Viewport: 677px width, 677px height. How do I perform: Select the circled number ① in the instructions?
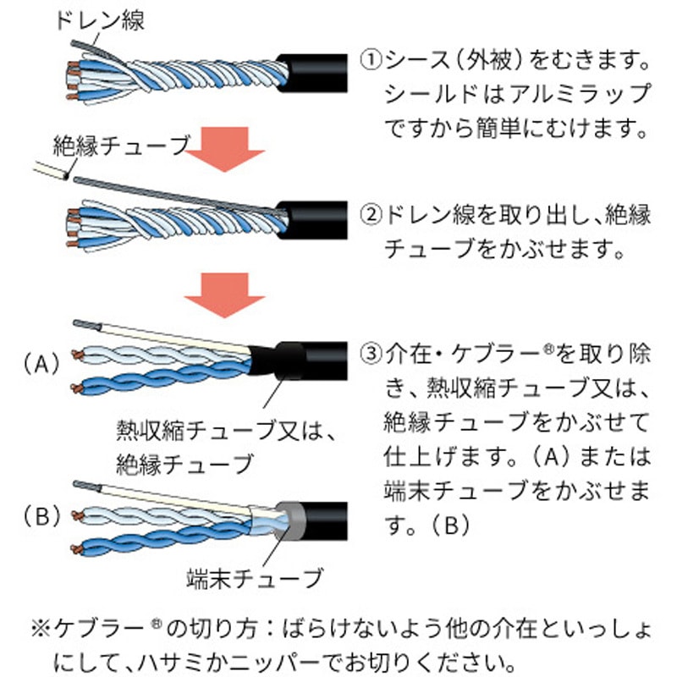click(371, 62)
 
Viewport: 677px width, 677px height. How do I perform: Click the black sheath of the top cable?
click(317, 74)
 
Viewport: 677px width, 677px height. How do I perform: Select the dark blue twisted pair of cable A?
click(161, 377)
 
